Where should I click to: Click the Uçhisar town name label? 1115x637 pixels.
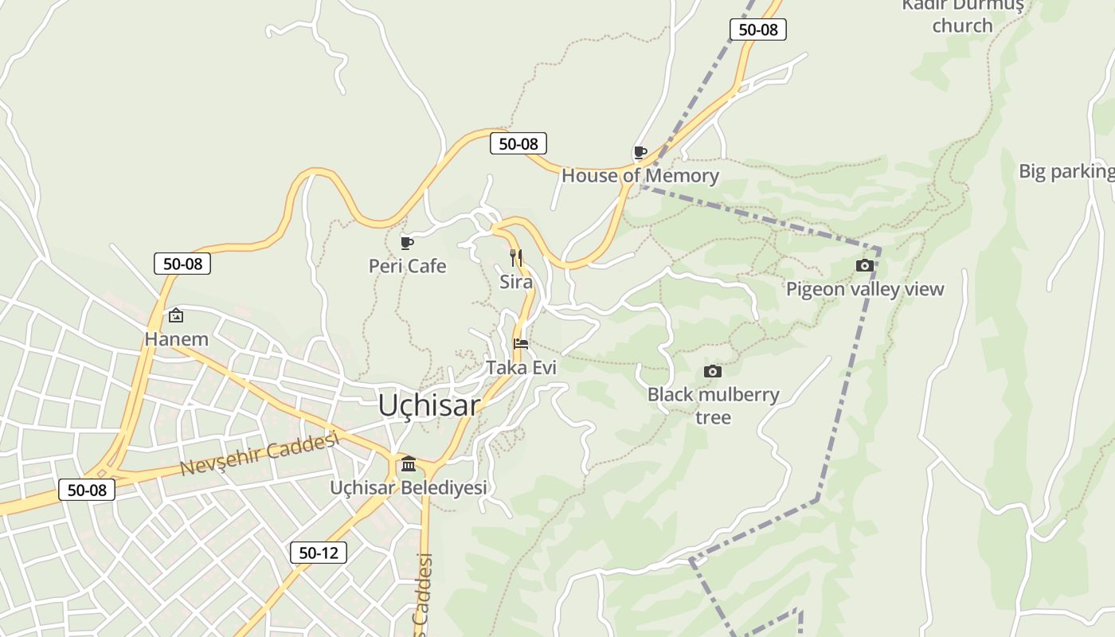[429, 405]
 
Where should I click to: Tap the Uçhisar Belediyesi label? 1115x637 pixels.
[408, 487]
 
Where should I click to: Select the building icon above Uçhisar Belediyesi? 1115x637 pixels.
[409, 463]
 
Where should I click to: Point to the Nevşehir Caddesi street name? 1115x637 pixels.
[260, 454]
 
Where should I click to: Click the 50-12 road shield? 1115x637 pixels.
[318, 553]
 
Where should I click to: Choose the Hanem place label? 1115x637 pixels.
[176, 339]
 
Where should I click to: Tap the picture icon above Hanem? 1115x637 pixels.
[176, 316]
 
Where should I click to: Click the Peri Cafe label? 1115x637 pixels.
[407, 266]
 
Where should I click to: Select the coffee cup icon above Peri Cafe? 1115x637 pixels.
[407, 243]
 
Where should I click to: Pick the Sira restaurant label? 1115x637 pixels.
[516, 282]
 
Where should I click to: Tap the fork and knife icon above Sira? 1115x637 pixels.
[516, 257]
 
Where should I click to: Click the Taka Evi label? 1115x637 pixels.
[521, 368]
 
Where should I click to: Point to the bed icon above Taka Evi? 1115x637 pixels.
[521, 344]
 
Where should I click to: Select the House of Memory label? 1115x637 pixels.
[640, 176]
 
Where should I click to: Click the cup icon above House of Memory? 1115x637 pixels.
[640, 152]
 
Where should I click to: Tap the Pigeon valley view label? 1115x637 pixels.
[865, 289]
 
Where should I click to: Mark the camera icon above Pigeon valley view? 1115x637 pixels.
[864, 266]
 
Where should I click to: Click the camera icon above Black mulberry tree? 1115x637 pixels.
[713, 371]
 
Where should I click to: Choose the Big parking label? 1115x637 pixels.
[1066, 171]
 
